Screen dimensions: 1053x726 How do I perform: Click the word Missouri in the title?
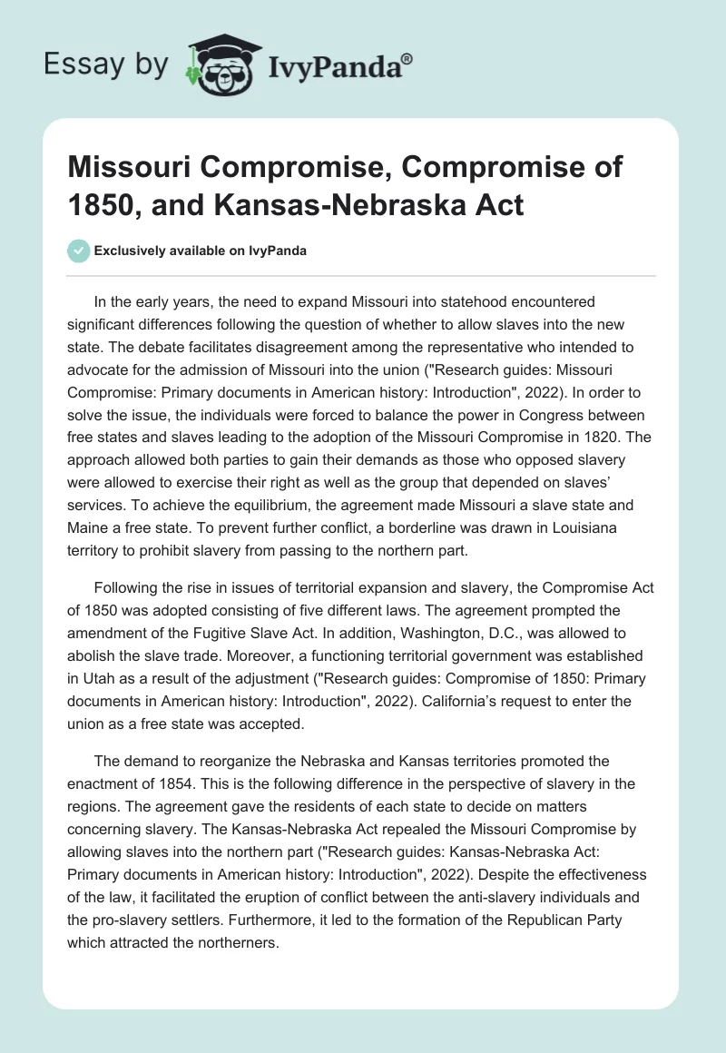point(137,168)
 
